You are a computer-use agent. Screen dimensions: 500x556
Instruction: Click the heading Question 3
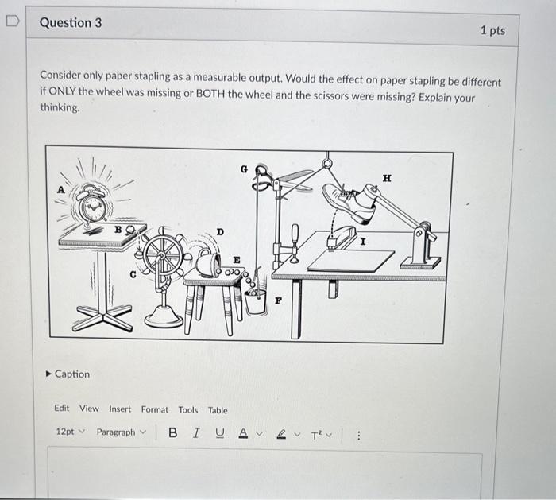pos(71,23)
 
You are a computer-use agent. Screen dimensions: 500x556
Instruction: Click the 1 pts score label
pos(492,30)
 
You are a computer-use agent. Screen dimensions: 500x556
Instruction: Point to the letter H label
pos(388,180)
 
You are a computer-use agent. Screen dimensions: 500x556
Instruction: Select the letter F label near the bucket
pos(278,301)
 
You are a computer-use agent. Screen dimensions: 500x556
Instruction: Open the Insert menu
pos(120,409)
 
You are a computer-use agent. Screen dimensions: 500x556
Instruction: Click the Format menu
pos(155,409)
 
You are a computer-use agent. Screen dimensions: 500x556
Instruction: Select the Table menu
pos(218,410)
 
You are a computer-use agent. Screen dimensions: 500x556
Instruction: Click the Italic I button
pos(195,432)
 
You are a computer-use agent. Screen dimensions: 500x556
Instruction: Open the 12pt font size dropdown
pos(69,432)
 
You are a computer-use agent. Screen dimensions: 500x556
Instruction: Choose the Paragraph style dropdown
pos(121,432)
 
